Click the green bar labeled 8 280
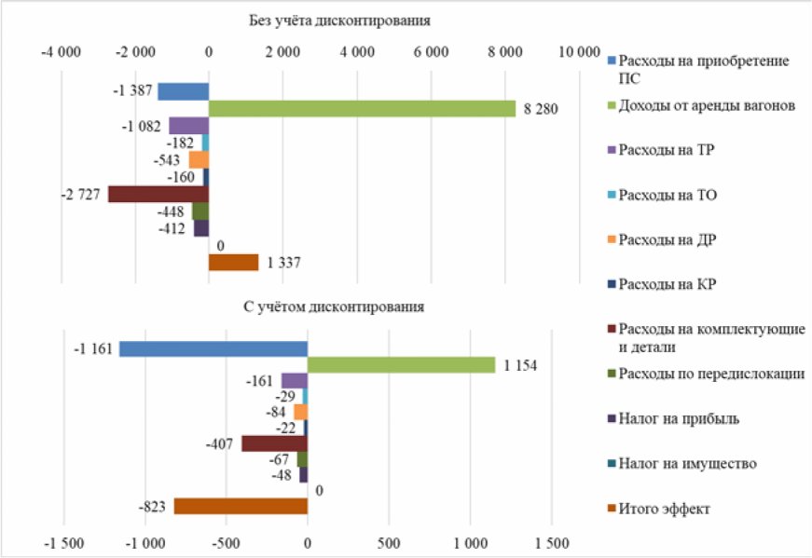(362, 109)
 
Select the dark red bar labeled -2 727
(158, 194)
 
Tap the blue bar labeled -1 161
(213, 348)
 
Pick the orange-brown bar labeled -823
(241, 506)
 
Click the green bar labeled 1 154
(401, 365)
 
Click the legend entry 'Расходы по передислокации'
(710, 374)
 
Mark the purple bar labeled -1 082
(188, 126)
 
